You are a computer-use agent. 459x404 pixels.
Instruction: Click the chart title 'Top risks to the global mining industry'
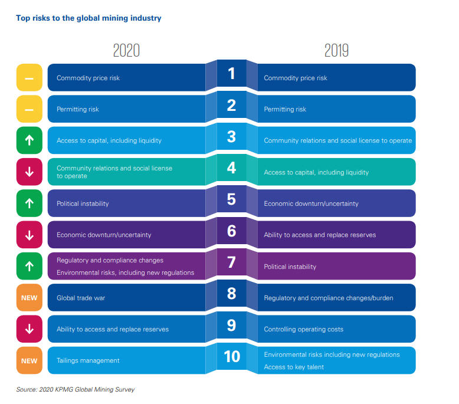tap(88, 18)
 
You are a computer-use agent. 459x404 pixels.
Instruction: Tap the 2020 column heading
tap(126, 51)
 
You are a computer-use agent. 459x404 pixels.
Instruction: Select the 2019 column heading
tap(336, 51)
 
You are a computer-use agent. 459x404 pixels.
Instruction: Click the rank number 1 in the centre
tap(231, 74)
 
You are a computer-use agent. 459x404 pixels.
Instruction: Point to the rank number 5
tap(231, 199)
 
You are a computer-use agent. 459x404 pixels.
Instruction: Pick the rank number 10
tap(231, 356)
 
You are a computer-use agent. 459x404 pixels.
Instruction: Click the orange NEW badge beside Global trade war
tap(29, 298)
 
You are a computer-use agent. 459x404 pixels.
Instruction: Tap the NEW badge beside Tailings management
tap(29, 360)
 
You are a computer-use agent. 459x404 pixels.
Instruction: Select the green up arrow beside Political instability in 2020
tap(29, 203)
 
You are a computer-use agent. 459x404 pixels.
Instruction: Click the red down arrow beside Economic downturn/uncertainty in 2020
tap(29, 235)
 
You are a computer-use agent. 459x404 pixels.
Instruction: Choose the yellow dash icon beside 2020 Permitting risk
tap(29, 109)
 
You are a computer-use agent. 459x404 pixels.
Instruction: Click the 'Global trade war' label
tap(81, 298)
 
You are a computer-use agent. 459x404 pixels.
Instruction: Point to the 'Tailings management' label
tap(88, 360)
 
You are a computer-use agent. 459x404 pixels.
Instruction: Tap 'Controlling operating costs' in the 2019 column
tap(303, 329)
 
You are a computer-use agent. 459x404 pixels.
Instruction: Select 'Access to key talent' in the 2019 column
tap(294, 367)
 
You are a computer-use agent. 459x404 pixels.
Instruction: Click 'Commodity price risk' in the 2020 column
tap(88, 78)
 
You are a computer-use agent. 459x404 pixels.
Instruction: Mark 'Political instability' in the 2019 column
tap(290, 267)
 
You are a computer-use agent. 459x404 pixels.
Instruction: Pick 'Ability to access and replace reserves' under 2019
tap(320, 235)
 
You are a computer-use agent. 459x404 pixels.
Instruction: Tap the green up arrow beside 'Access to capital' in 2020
tap(29, 140)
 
